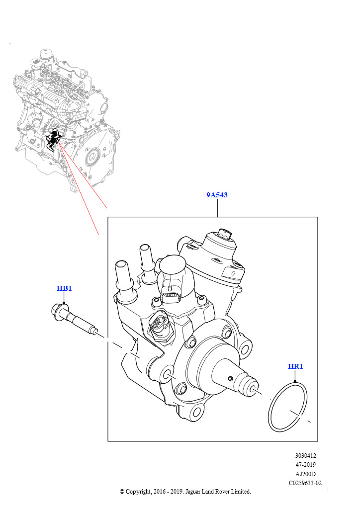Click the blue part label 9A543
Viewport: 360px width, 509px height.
(217, 195)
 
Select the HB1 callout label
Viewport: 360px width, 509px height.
(64, 289)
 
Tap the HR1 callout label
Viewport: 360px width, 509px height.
(295, 367)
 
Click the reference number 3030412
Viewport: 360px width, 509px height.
(305, 456)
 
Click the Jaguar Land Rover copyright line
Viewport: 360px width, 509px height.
(185, 492)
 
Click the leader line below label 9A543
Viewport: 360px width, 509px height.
(217, 208)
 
